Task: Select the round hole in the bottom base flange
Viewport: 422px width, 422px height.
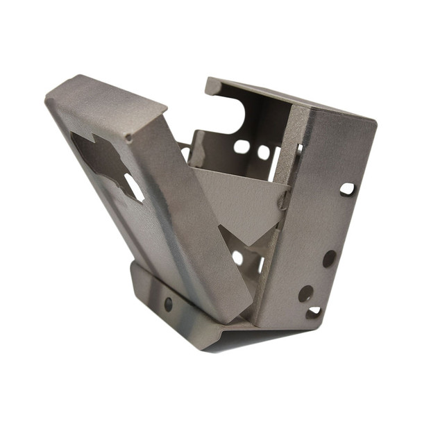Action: [x=168, y=303]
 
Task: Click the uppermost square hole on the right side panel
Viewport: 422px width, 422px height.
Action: [x=346, y=189]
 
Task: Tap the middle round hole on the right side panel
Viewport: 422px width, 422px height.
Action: [x=329, y=258]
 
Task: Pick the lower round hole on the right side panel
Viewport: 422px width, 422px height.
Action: [x=305, y=293]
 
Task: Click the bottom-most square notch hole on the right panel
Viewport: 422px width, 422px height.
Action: [x=314, y=312]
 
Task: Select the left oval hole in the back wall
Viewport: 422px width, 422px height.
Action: [x=242, y=146]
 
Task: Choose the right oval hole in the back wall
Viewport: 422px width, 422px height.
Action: [x=264, y=152]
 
